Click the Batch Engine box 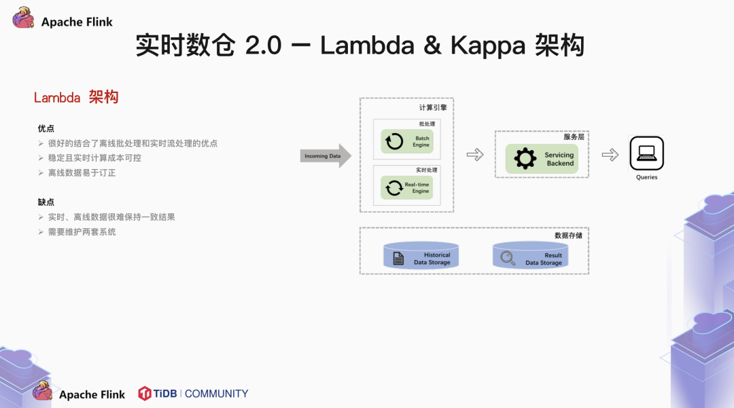407,141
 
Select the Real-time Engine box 407,187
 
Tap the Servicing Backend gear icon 525,158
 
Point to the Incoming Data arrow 326,156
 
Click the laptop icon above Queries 646,153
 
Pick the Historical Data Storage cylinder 421,255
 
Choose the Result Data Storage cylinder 530,255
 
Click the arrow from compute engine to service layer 474,155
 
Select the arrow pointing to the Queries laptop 610,155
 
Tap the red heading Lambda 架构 76,98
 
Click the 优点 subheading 46,128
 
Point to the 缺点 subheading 46,202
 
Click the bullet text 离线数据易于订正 82,173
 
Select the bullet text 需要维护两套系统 82,232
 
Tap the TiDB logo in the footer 158,394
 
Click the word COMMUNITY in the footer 216,394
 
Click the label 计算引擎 432,107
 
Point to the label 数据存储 568,236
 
